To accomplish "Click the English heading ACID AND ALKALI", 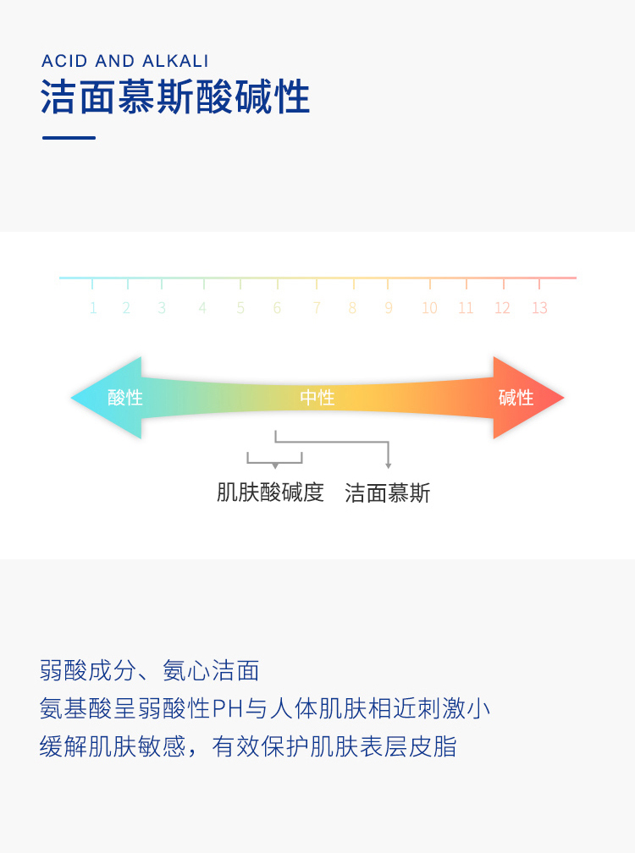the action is point(124,61).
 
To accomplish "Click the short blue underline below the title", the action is point(69,137).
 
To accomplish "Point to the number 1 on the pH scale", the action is point(93,308).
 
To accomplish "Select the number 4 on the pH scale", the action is point(202,308).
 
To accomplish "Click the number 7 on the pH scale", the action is point(317,308).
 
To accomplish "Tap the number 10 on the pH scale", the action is point(429,308).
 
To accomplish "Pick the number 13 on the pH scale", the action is point(539,308).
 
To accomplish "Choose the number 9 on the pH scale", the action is point(389,308).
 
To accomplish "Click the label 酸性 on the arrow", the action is point(125,397).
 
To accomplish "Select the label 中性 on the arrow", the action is point(317,397).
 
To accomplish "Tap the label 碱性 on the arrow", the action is point(516,397).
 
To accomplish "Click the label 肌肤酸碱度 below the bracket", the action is point(270,493).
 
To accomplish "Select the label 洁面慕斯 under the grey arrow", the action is point(388,493).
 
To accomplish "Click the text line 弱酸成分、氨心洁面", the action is point(150,671).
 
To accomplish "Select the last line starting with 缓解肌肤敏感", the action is point(248,746).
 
